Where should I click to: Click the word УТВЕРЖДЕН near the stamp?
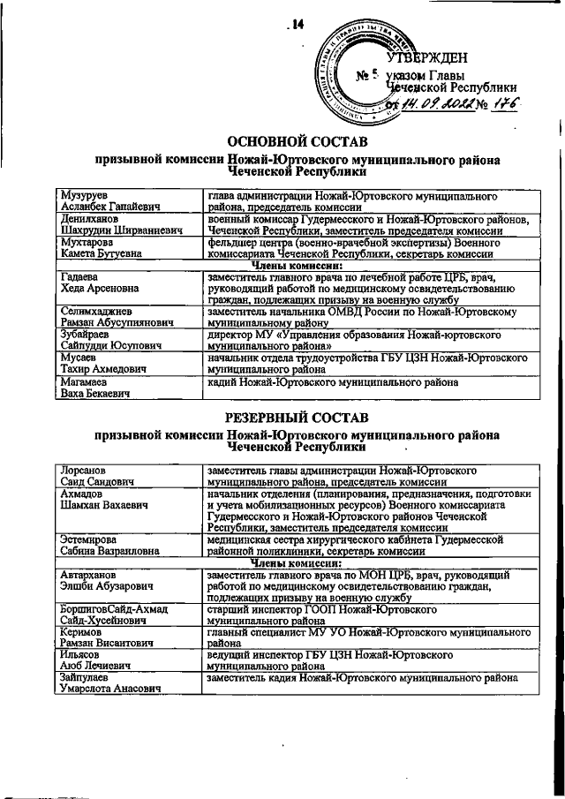[x=428, y=58]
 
